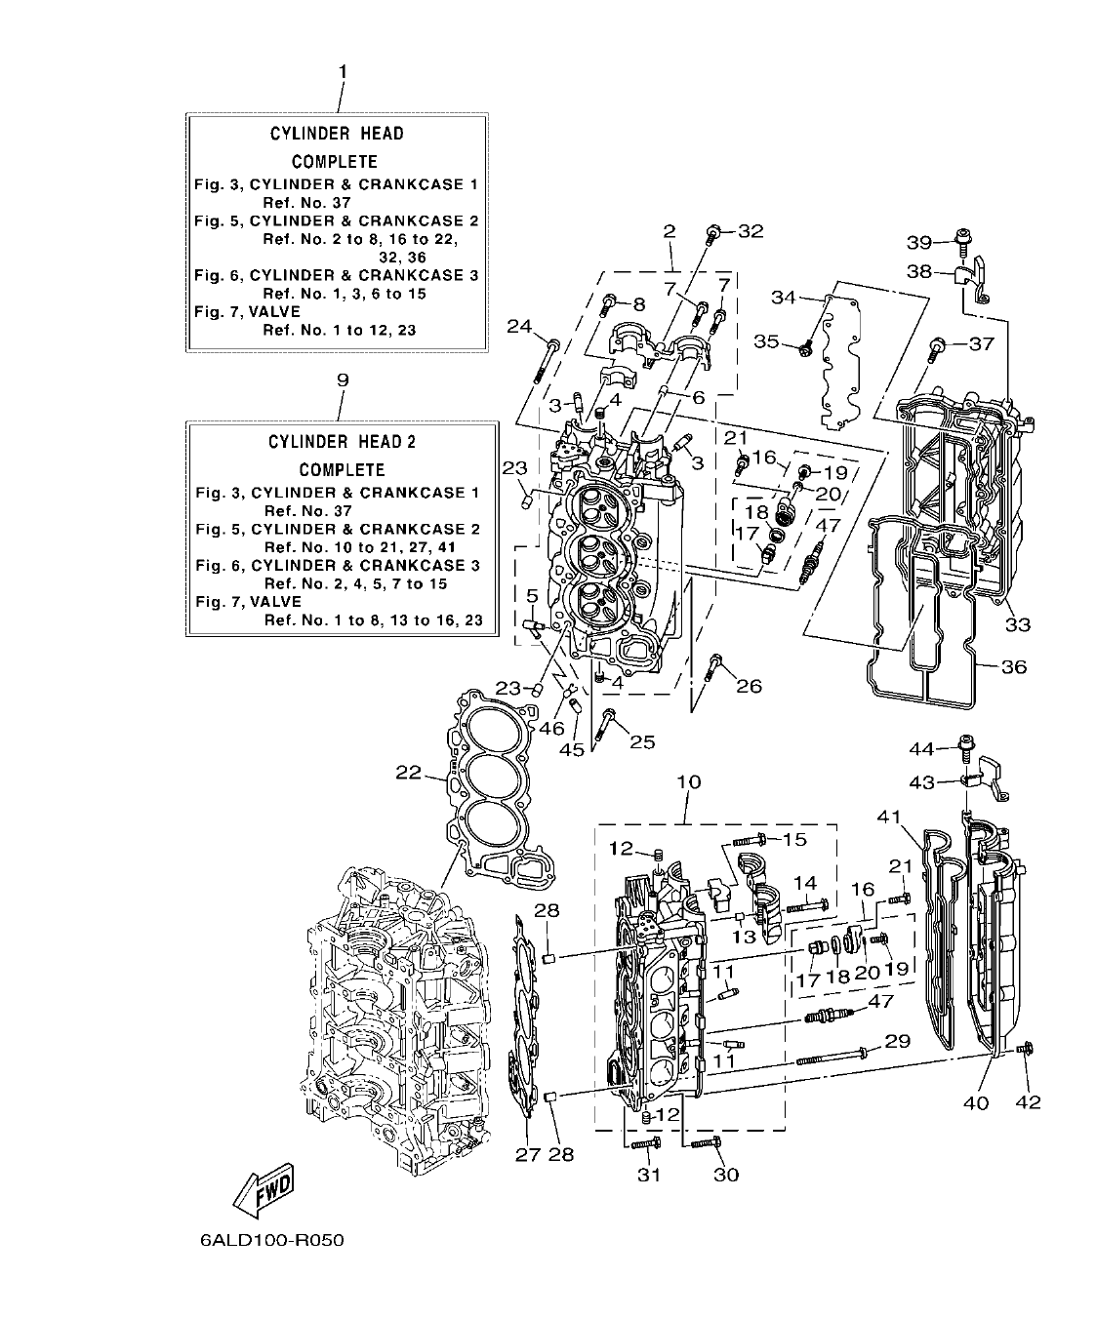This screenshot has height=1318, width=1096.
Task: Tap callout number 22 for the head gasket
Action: pyautogui.click(x=408, y=773)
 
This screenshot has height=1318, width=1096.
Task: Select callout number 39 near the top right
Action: pyautogui.click(x=919, y=242)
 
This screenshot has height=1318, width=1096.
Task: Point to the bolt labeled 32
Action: pyautogui.click(x=714, y=232)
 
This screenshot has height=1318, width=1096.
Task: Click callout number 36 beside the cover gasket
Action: pyautogui.click(x=1014, y=667)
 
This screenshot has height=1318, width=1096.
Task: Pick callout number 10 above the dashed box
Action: pyautogui.click(x=688, y=782)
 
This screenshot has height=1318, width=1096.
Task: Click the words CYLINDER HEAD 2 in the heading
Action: pyautogui.click(x=342, y=442)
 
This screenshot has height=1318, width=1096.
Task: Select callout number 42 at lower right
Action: pyautogui.click(x=1029, y=1101)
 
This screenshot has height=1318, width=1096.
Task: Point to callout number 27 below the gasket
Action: pyautogui.click(x=527, y=1154)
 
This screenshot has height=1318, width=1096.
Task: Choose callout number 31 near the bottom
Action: pyautogui.click(x=649, y=1175)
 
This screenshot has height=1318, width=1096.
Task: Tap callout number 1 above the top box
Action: pyautogui.click(x=342, y=71)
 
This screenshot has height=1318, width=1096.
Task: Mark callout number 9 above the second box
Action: pyautogui.click(x=342, y=379)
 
